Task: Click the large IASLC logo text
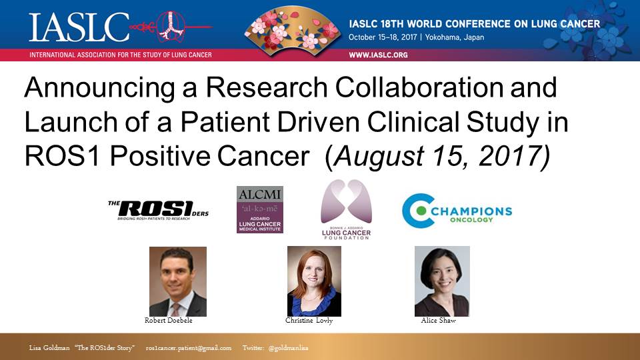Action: click(x=79, y=27)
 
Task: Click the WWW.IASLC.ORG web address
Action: click(x=378, y=55)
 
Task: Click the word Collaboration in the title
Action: click(x=419, y=87)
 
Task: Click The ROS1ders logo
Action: click(x=159, y=210)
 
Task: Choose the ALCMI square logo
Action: click(x=260, y=210)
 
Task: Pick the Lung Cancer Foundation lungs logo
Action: click(x=346, y=209)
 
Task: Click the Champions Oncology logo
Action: click(x=457, y=211)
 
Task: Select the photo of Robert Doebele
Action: click(x=178, y=281)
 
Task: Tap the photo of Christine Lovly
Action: click(x=314, y=281)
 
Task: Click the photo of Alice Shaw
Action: click(x=442, y=281)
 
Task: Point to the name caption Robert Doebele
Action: click(x=169, y=321)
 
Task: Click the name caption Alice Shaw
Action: click(x=439, y=321)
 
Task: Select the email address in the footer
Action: click(x=189, y=348)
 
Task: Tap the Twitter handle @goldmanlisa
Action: click(x=289, y=348)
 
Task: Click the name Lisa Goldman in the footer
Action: click(x=49, y=348)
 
